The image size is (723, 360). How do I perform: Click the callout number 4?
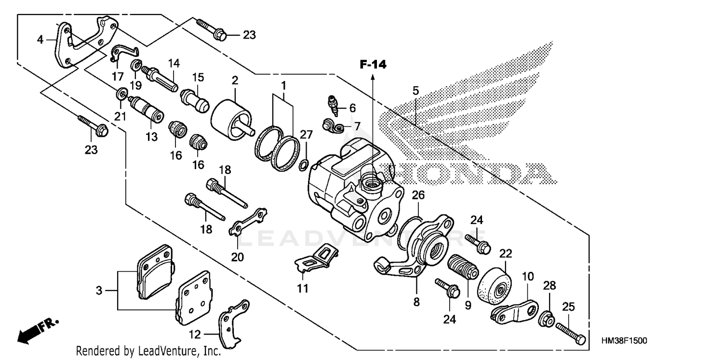click(40, 39)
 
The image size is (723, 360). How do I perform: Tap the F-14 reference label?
click(373, 64)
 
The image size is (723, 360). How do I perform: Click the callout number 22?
click(505, 253)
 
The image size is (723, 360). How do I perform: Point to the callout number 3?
click(99, 291)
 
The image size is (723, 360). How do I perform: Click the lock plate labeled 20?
click(248, 222)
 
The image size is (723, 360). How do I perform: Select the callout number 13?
click(151, 137)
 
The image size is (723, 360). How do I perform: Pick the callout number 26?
click(418, 195)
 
